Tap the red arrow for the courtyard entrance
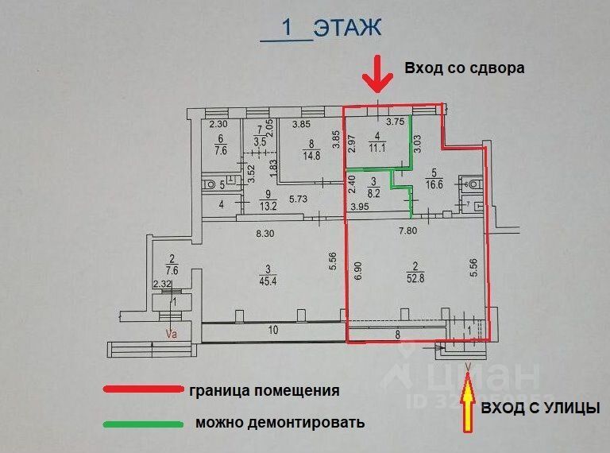[x=377, y=75]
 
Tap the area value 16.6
[x=434, y=182]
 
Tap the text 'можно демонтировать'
[x=280, y=422]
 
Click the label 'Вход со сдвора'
[x=465, y=68]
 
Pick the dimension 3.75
[x=396, y=122]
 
